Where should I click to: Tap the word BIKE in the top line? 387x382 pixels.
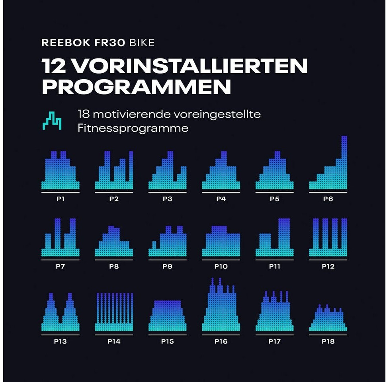point(142,43)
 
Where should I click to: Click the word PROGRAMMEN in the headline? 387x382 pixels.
point(136,87)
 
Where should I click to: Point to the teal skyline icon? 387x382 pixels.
point(52,121)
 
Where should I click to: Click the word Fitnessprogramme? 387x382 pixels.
point(133,129)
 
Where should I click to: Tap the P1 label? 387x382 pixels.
point(61,199)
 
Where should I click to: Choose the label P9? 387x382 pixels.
point(167,266)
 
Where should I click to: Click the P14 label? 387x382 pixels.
point(114,341)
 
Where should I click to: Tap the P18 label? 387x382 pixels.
point(328,341)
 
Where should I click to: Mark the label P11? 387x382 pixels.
point(274,266)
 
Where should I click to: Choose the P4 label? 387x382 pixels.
point(221,199)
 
